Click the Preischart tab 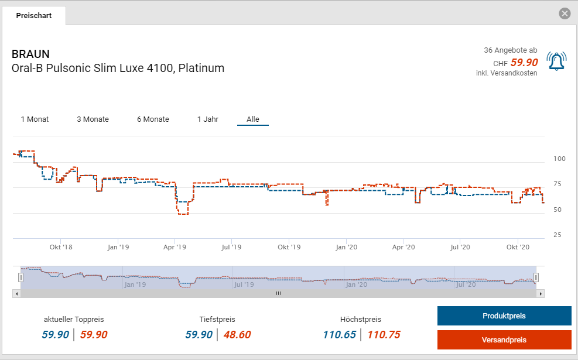33,16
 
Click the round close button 565,14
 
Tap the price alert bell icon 556,61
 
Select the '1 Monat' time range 35,119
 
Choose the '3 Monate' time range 93,119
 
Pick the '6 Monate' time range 153,119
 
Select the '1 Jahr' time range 208,119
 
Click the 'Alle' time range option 252,119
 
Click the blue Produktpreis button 504,316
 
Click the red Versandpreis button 504,340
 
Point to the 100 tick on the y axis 559,159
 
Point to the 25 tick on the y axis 557,235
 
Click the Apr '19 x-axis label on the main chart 175,248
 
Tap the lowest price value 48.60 237,335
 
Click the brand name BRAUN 30,54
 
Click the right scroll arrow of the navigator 541,293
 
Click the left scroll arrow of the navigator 16,293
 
